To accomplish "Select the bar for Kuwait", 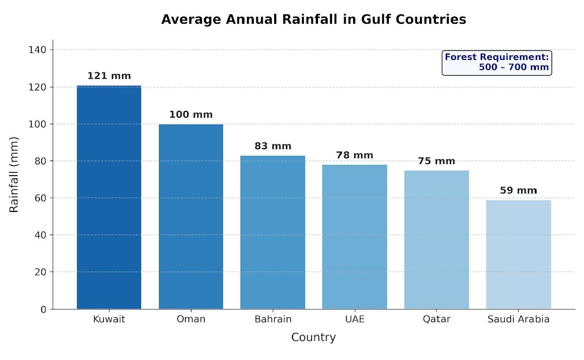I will click(109, 197).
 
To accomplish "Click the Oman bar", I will click(191, 216).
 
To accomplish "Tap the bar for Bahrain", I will click(273, 232).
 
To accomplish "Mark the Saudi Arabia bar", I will click(518, 254).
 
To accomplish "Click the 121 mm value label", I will click(109, 76).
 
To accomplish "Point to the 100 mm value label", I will click(191, 115).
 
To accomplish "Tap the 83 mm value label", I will click(273, 146).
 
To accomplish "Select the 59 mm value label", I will click(518, 191).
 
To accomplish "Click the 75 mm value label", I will click(436, 161).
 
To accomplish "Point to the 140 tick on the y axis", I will click(41, 50).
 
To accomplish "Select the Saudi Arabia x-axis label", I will click(518, 319).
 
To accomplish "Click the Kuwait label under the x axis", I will click(109, 319).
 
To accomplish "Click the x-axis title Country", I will click(313, 338).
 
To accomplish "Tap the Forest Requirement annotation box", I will click(496, 62).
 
